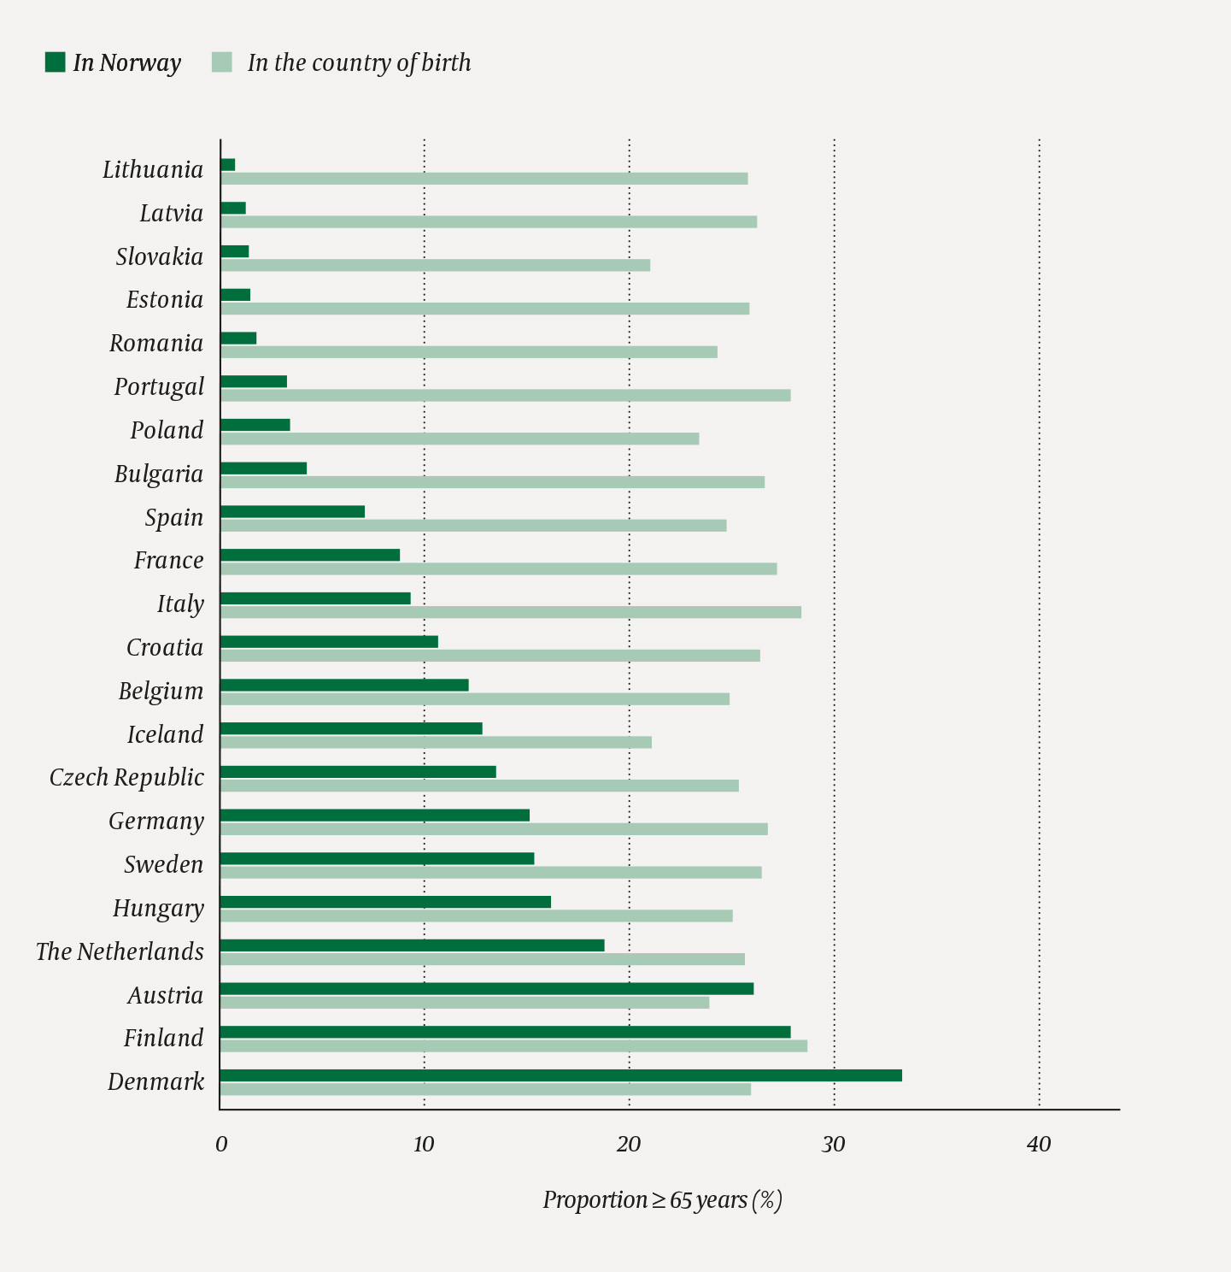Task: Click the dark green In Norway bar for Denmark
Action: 560,1075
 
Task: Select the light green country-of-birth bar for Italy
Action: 511,612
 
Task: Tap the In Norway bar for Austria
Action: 487,988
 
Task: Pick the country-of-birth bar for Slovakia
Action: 436,265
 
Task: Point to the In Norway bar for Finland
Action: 505,1032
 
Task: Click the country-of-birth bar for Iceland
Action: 436,742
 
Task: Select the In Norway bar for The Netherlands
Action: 412,945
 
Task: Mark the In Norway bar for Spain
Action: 292,511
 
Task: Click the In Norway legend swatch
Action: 55,62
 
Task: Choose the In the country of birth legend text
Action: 359,63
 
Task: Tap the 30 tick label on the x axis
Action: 833,1145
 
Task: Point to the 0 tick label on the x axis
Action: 221,1145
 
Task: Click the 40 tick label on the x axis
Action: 1039,1145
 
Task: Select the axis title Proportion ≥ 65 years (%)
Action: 662,1200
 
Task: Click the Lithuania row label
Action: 153,170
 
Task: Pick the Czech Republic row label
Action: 126,778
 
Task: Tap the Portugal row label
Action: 159,387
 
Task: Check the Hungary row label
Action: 158,909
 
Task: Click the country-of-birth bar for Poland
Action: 460,439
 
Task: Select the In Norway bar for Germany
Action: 374,815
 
